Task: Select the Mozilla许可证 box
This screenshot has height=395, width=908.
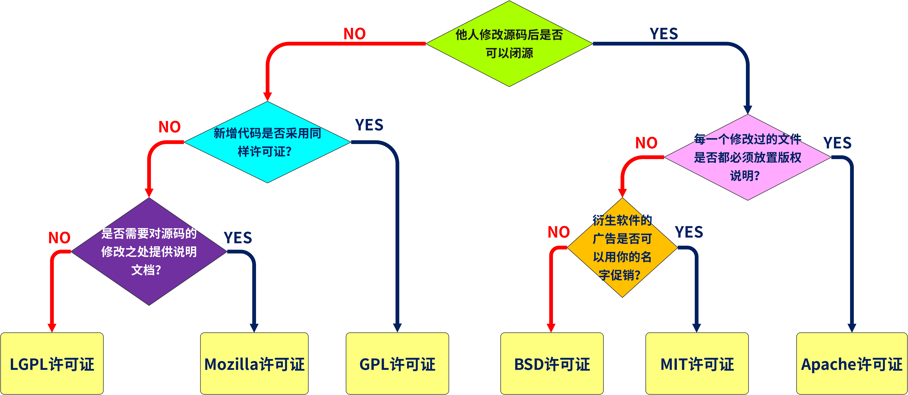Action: point(254,364)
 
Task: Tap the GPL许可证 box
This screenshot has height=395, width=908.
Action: point(397,364)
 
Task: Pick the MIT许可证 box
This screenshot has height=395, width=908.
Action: point(697,364)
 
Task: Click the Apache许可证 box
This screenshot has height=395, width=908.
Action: point(852,364)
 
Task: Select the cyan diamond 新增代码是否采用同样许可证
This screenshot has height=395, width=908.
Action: point(267,142)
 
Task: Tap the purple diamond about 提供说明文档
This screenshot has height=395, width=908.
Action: point(149,251)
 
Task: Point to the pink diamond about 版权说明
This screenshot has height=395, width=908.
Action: point(747,157)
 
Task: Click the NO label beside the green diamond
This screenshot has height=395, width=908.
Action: point(355,34)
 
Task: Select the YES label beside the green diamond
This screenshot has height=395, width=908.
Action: point(664,34)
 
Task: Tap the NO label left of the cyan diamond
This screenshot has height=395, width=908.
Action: point(170,127)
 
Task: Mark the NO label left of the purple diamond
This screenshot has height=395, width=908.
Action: point(59,238)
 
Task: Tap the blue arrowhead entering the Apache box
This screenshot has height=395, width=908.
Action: point(852,327)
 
